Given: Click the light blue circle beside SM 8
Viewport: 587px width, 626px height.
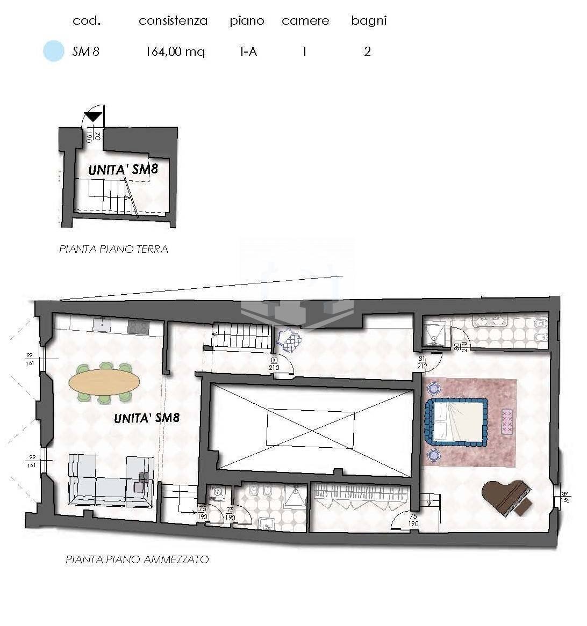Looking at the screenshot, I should (53, 52).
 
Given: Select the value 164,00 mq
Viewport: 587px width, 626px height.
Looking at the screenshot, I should (175, 52).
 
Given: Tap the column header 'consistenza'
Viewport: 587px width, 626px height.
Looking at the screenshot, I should (173, 21).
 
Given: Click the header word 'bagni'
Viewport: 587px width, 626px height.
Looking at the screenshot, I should (369, 21).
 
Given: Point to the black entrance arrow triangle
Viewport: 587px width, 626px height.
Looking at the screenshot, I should (93, 117).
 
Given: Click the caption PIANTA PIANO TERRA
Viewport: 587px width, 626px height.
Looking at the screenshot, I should (113, 249).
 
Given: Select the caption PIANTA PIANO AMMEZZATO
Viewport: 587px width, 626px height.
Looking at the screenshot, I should (137, 559).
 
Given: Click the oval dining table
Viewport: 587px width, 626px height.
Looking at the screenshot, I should (104, 382).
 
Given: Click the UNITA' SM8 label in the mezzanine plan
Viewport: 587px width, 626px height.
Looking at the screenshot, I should (147, 418).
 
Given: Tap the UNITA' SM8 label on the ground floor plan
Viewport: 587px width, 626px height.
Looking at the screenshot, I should (123, 170).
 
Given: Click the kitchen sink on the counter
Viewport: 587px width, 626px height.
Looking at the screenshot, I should (101, 324).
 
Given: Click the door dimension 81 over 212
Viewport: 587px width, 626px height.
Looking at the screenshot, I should (421, 362).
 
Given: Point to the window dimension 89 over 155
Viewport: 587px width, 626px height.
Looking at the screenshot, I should (564, 497).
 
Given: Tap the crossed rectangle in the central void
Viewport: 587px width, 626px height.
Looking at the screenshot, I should (311, 428).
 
